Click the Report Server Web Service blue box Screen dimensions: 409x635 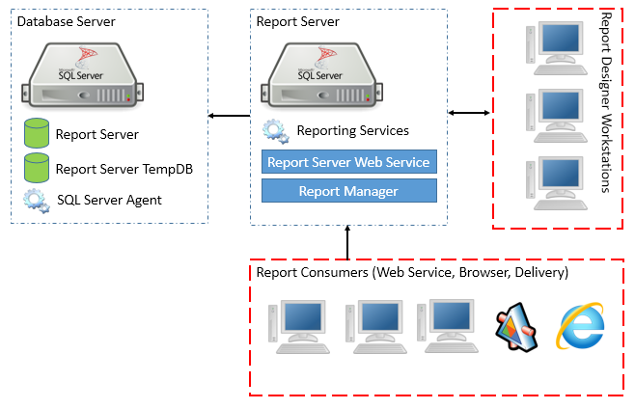pos(348,162)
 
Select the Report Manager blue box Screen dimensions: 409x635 pos(348,191)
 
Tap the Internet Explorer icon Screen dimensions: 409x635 pos(580,325)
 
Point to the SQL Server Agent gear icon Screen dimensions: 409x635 pos(37,200)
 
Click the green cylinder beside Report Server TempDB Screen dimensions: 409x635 pos(37,168)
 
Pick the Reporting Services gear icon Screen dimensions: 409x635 pos(275,130)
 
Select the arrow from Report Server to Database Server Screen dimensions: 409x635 pos(228,117)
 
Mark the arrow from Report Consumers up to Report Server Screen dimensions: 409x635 pos(346,242)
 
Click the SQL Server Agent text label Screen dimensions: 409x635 pos(109,200)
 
